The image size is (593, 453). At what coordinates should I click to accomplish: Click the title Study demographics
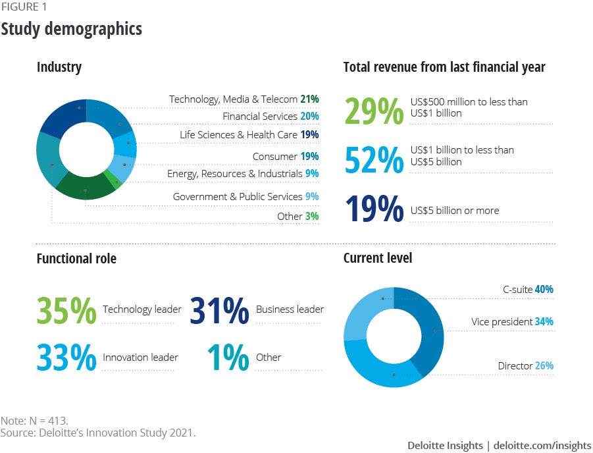tap(71, 29)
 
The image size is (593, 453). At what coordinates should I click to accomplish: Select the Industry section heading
tap(59, 67)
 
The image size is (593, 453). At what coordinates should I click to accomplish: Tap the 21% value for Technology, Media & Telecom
tap(309, 99)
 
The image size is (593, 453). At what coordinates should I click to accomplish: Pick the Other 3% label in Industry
tap(298, 216)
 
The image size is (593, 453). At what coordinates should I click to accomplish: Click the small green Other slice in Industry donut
tap(117, 183)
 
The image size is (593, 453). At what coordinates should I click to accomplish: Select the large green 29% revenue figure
tap(373, 111)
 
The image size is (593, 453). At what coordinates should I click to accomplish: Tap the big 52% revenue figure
tap(373, 160)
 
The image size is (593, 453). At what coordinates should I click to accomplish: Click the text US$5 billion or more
tap(454, 211)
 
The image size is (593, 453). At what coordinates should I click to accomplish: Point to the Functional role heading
tap(76, 259)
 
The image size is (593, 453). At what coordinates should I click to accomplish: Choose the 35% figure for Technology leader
tap(66, 310)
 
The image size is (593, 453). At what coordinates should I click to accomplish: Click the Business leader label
tap(290, 309)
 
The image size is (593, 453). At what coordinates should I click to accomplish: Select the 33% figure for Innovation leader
tap(66, 358)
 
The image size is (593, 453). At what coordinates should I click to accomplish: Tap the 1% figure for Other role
tap(228, 358)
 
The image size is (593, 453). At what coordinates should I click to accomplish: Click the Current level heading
tap(378, 257)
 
